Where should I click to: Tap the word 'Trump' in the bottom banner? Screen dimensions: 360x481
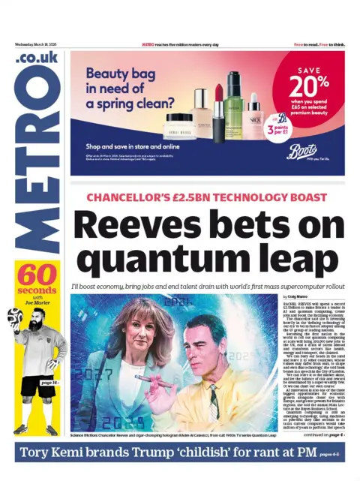(172, 453)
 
